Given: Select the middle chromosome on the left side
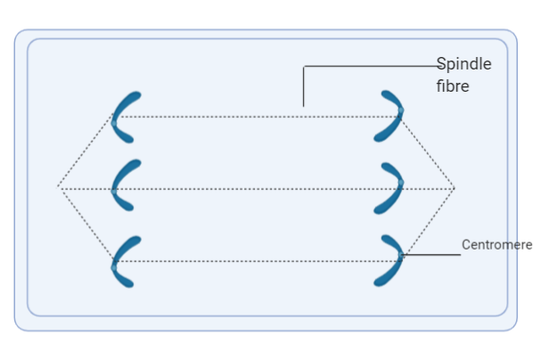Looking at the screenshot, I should point(120,184).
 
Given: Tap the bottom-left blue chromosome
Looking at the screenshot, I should point(120,261).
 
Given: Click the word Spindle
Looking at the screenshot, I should point(463,65).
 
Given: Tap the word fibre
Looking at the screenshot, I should point(452,86).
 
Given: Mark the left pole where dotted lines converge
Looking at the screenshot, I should point(59,187).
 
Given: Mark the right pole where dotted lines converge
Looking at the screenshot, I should point(455,188).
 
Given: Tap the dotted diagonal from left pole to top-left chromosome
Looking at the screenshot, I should point(86,151).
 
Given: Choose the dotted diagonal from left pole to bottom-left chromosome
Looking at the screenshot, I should point(86,224).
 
